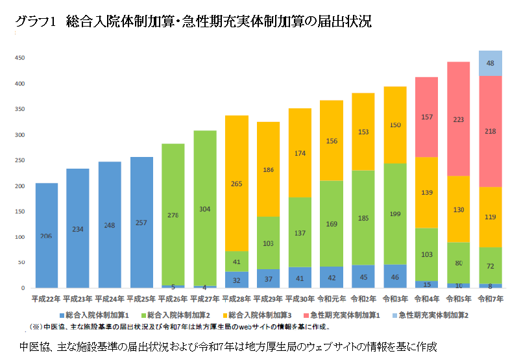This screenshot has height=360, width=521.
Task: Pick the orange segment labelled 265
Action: [x=237, y=183]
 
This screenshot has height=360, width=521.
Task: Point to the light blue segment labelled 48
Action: [x=491, y=64]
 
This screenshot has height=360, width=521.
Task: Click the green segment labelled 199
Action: [x=396, y=214]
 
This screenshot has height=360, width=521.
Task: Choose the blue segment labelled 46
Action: [x=396, y=277]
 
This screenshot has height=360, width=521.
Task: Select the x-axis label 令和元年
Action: [x=332, y=299]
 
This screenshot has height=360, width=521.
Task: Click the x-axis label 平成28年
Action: [x=237, y=299]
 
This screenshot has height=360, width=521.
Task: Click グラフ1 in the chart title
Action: [x=36, y=21]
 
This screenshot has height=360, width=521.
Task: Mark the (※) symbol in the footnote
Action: [x=37, y=327]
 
